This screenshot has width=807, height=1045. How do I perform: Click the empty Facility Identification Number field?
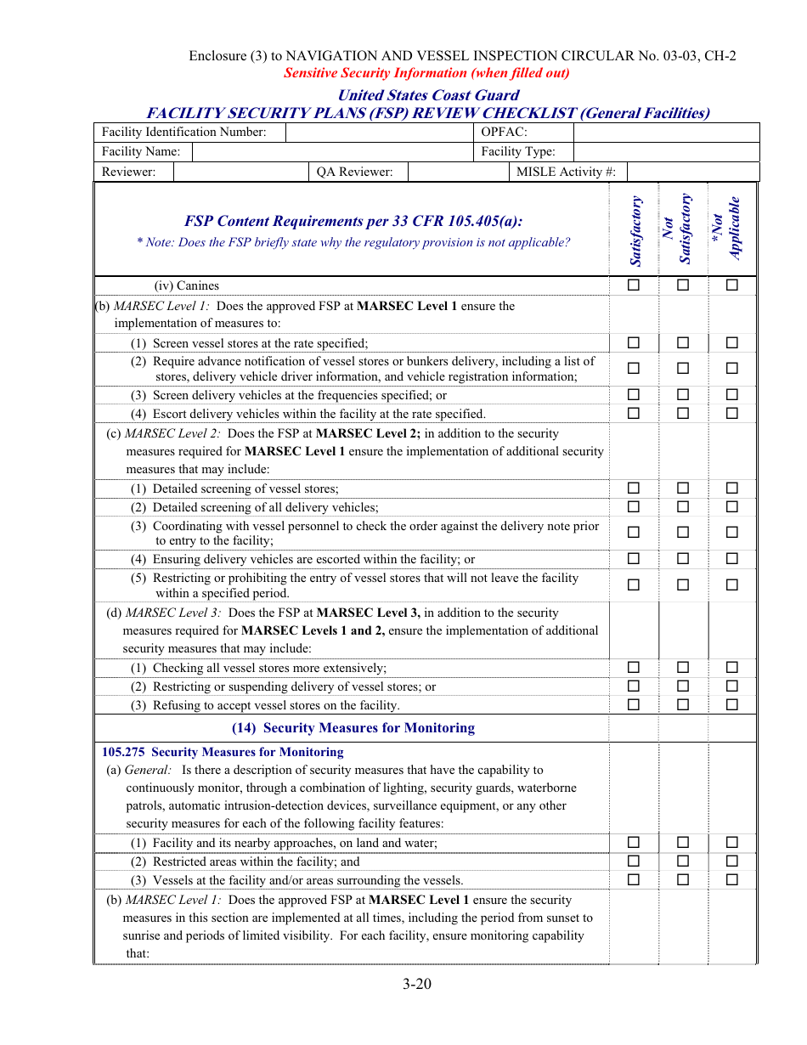[x=379, y=132]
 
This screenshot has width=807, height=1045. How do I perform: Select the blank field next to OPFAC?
[x=666, y=132]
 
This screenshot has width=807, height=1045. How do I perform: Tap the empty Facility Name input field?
[x=332, y=151]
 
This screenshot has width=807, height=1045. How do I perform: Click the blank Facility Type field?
[x=666, y=151]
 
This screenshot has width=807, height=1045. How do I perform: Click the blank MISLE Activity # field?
[x=692, y=172]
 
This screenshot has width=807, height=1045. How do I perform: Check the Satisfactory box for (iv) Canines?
[x=634, y=285]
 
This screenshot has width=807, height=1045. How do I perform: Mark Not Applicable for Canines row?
[x=732, y=285]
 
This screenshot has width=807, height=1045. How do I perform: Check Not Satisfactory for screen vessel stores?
[x=683, y=343]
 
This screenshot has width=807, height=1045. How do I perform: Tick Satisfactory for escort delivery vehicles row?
[x=634, y=414]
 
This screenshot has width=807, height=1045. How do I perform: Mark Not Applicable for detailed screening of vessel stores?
[x=732, y=489]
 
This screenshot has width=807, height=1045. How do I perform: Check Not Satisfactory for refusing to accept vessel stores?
[x=683, y=705]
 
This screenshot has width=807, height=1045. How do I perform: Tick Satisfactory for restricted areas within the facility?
[x=634, y=861]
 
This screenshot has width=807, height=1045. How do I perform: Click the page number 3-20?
[x=417, y=985]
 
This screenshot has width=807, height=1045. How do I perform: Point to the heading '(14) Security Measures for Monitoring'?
[x=353, y=728]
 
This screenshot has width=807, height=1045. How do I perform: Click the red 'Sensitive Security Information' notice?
[x=426, y=73]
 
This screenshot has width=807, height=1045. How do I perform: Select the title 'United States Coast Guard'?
[x=428, y=95]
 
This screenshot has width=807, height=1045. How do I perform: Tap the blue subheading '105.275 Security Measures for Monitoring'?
[x=223, y=752]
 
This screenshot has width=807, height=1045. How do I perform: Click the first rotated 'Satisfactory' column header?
[x=635, y=230]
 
